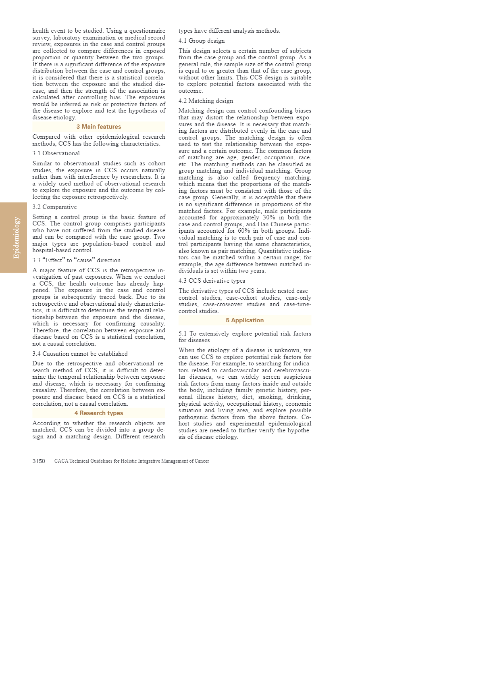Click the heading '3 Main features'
point(99,127)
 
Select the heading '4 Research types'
point(99,413)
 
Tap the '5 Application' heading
point(245,320)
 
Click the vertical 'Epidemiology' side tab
point(16,238)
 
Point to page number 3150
point(39,461)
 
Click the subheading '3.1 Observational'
point(56,153)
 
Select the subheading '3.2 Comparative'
point(54,207)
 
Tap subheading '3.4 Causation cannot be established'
point(80,354)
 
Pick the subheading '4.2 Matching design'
point(206,101)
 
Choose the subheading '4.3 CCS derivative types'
point(212,281)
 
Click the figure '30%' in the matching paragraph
point(269,217)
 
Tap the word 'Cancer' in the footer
point(202,461)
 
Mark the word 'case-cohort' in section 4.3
point(241,298)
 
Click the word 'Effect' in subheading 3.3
point(54,260)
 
